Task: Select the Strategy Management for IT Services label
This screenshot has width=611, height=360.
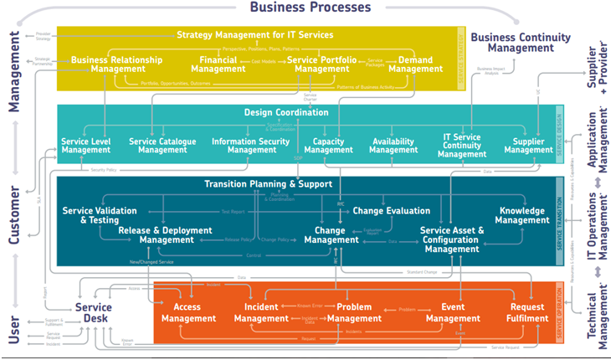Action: (x=255, y=35)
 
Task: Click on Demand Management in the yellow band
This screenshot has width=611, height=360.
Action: (x=416, y=64)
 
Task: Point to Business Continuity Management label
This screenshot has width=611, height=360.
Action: (x=520, y=44)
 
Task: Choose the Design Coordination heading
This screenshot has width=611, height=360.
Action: (x=286, y=112)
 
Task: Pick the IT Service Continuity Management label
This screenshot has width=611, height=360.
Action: (x=462, y=146)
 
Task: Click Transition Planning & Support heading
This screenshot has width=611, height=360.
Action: (x=262, y=184)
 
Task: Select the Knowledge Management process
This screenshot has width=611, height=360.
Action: (x=522, y=215)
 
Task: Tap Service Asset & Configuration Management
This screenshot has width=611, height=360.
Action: (x=452, y=239)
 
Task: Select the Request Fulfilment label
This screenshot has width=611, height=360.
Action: (x=527, y=312)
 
